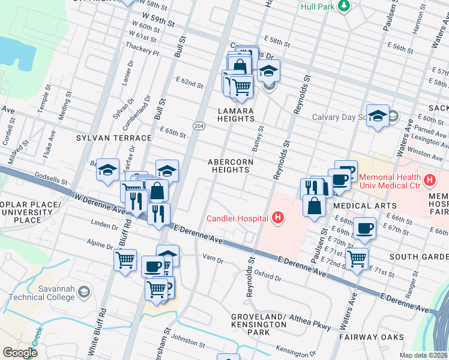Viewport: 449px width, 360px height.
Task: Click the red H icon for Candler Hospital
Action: (x=277, y=218)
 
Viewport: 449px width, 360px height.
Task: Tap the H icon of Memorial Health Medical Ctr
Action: (x=429, y=179)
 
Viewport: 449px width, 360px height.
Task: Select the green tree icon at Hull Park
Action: (x=344, y=7)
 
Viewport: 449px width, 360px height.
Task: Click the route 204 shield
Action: (x=198, y=125)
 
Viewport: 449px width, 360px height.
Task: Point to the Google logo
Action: (x=20, y=352)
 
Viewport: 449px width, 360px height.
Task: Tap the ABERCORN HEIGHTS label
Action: (x=231, y=166)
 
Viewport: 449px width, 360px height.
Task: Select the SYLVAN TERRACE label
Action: (x=104, y=137)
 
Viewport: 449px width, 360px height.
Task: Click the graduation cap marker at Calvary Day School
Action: (x=378, y=115)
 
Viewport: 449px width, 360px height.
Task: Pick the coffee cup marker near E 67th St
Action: (x=364, y=228)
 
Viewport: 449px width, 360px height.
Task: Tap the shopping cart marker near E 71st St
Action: (x=357, y=259)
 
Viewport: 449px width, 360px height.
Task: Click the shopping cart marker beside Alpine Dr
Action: (x=125, y=260)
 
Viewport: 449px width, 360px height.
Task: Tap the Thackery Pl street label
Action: (x=142, y=53)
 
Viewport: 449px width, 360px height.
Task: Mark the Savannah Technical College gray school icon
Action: (x=84, y=292)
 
